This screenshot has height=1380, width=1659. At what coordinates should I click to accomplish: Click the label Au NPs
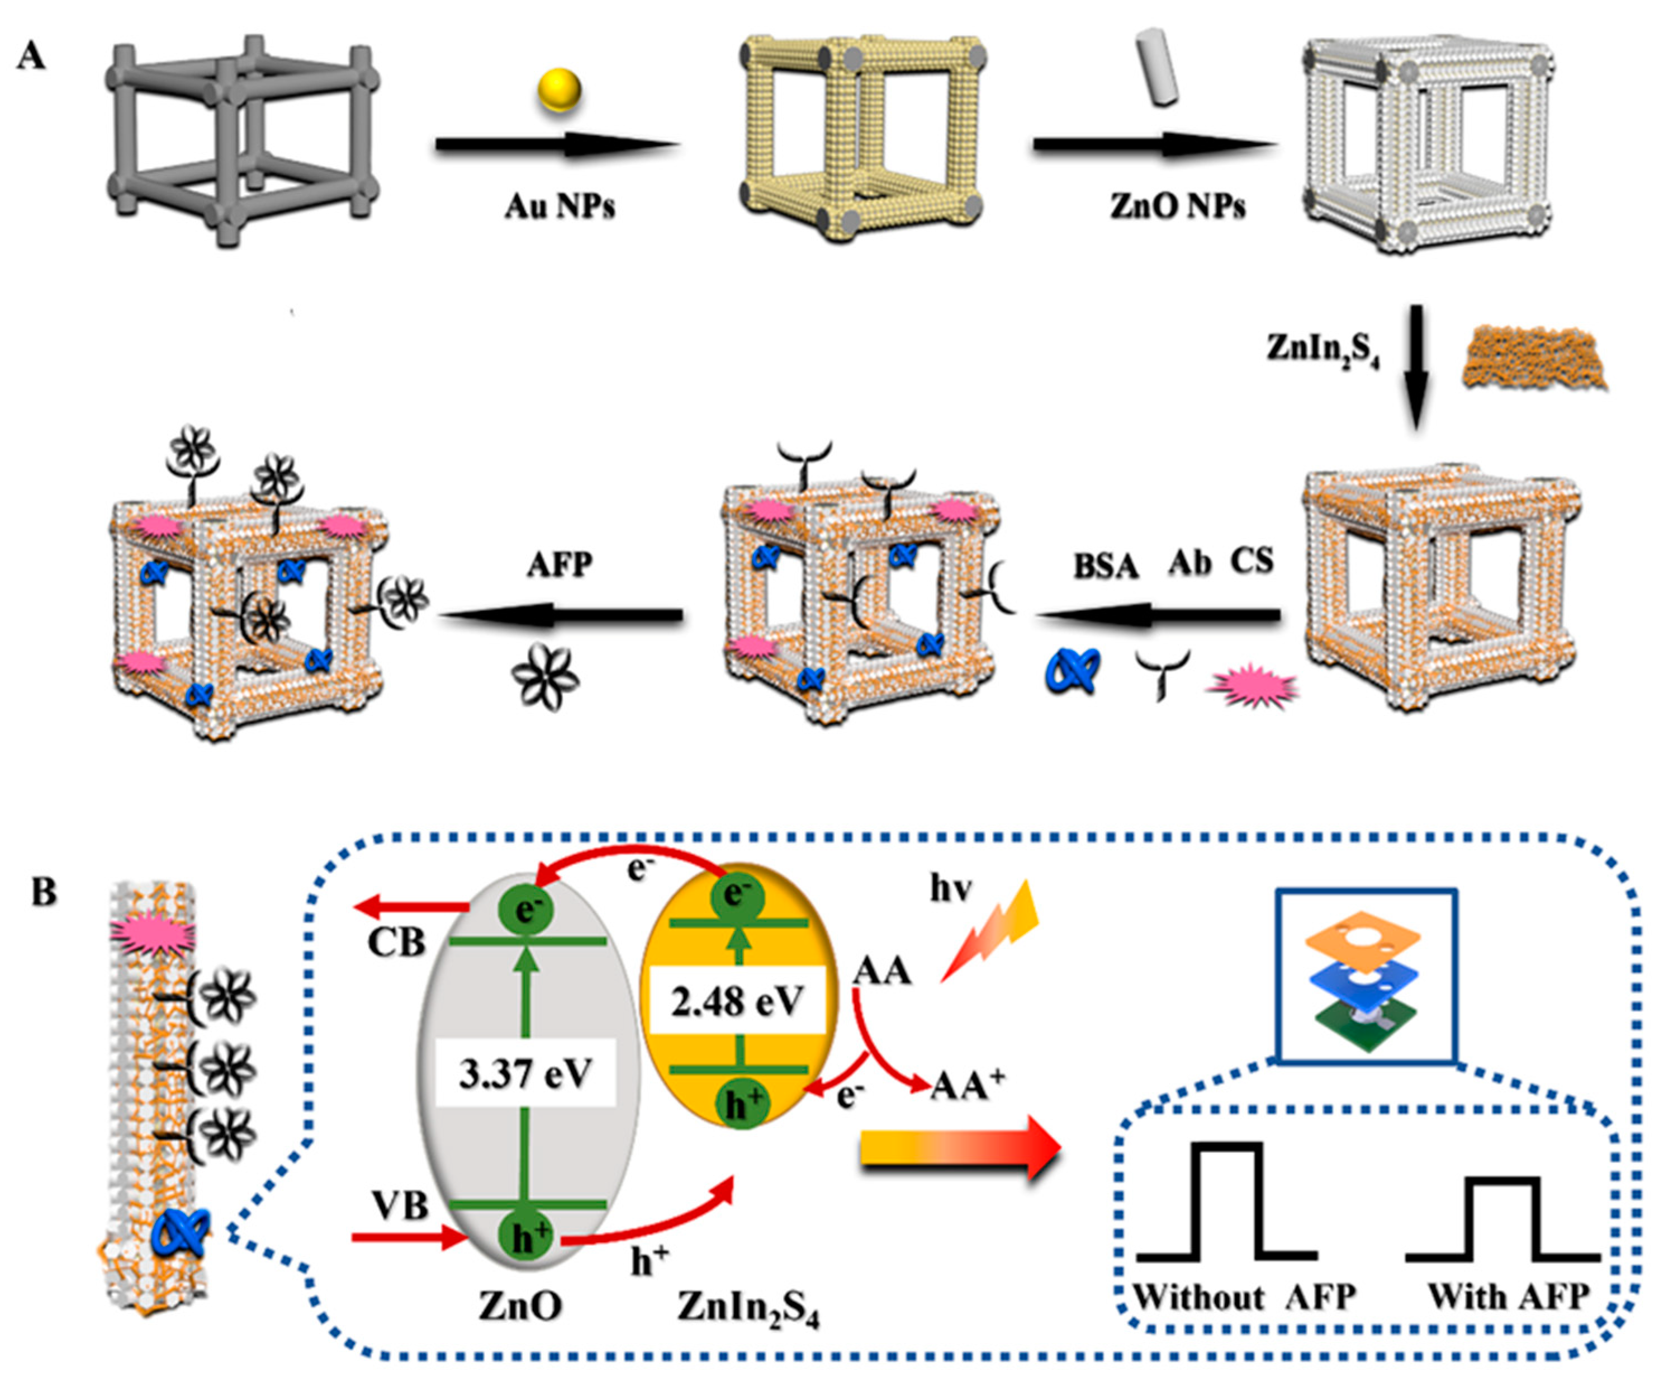560,207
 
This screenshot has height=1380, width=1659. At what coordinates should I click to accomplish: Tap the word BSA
1105,566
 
